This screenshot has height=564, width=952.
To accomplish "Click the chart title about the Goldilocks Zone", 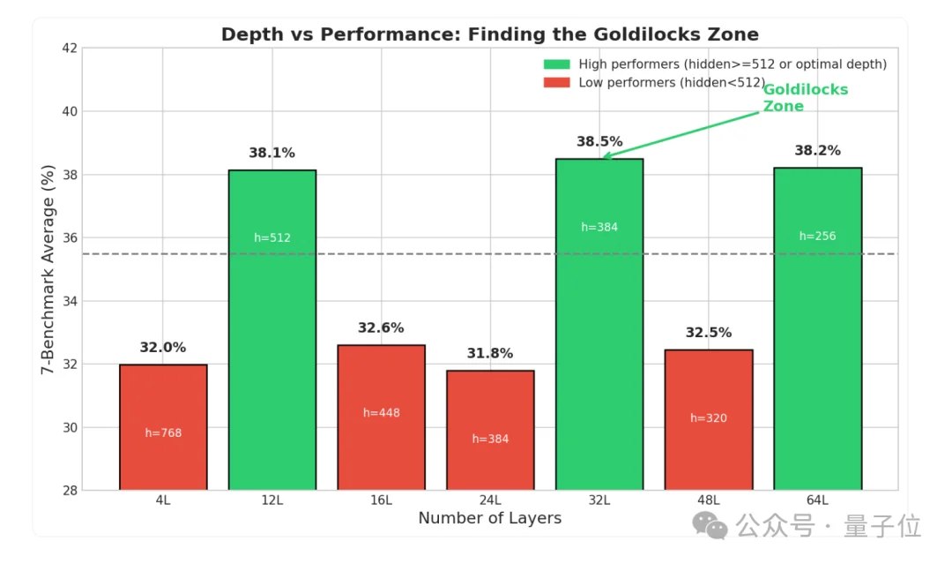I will point(489,34).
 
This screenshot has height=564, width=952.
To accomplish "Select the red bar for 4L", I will point(163,426).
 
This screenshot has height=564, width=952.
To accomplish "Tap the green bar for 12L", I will point(272,329).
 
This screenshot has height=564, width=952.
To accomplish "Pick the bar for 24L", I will point(490,430).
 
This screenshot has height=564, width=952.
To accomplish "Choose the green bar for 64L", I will point(817,328).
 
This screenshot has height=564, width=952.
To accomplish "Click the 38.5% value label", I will point(599,141).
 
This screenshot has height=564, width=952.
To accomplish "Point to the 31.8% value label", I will point(490,353).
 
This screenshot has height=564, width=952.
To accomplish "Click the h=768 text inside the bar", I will point(163,432).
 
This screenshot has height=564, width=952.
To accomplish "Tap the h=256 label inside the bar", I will point(817,236).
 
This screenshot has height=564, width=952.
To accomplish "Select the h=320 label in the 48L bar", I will point(709,417).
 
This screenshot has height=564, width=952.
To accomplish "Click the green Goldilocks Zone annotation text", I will point(792,98).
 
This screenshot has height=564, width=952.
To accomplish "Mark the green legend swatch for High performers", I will point(556,64).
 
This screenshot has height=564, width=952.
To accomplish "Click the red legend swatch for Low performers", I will point(556,83).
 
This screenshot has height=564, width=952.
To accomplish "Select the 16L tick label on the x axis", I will point(381,500).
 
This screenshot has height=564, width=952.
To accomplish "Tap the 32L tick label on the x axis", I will point(599,500).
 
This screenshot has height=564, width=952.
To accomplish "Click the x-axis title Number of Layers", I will point(489,518).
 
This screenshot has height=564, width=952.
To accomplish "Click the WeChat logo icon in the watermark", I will point(710,527).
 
